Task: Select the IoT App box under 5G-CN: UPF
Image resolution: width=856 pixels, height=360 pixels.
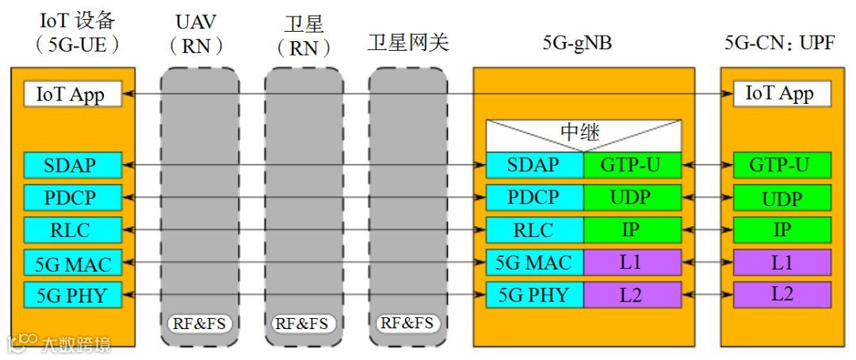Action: pyautogui.click(x=780, y=94)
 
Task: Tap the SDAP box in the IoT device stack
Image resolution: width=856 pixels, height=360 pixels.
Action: pyautogui.click(x=71, y=166)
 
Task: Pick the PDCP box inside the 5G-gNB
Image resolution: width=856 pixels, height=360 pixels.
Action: pyautogui.click(x=533, y=197)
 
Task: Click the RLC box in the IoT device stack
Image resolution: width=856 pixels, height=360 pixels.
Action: pyautogui.click(x=71, y=230)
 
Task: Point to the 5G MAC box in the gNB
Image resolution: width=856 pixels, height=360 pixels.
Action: pyautogui.click(x=533, y=262)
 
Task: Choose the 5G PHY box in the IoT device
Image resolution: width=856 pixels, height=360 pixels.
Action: pyautogui.click(x=71, y=295)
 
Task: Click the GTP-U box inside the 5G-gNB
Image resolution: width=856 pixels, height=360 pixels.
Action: pyautogui.click(x=632, y=166)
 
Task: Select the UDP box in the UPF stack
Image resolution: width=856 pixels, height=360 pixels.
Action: pyautogui.click(x=781, y=198)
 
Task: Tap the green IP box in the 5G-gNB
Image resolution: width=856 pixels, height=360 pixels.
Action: pyautogui.click(x=632, y=230)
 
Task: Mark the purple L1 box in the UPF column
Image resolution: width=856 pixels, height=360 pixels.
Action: pyautogui.click(x=781, y=262)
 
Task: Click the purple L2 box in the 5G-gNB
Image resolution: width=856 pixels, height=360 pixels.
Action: pyautogui.click(x=632, y=295)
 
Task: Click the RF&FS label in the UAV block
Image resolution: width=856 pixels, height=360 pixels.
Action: pyautogui.click(x=199, y=324)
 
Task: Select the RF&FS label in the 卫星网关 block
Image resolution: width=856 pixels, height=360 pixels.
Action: pyautogui.click(x=407, y=324)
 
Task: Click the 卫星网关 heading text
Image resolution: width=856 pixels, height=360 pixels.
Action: pyautogui.click(x=407, y=43)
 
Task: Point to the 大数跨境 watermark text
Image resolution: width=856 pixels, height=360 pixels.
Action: pyautogui.click(x=76, y=344)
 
